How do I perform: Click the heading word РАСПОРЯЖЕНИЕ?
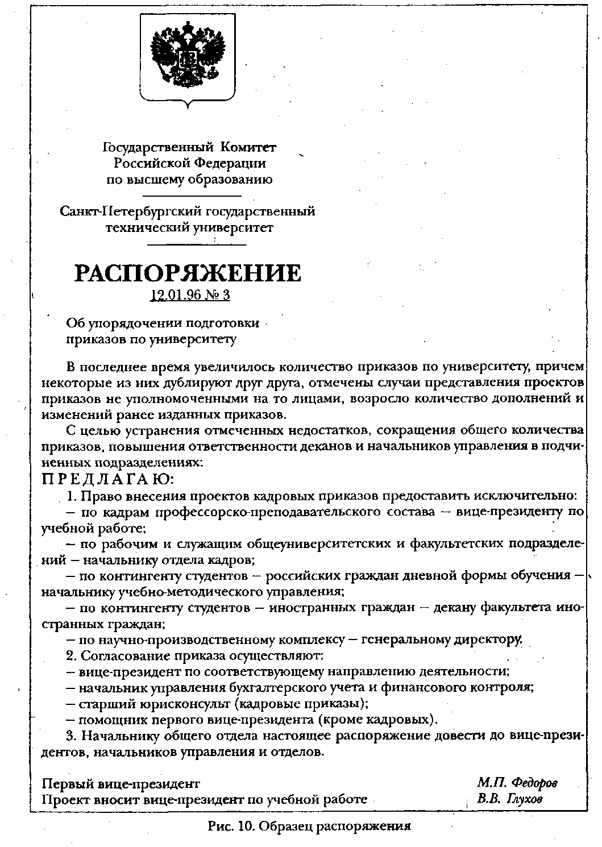coord(188,273)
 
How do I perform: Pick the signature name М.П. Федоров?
coord(517,783)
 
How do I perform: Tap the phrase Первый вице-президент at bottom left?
coord(121,784)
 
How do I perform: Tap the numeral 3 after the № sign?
coord(226,296)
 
